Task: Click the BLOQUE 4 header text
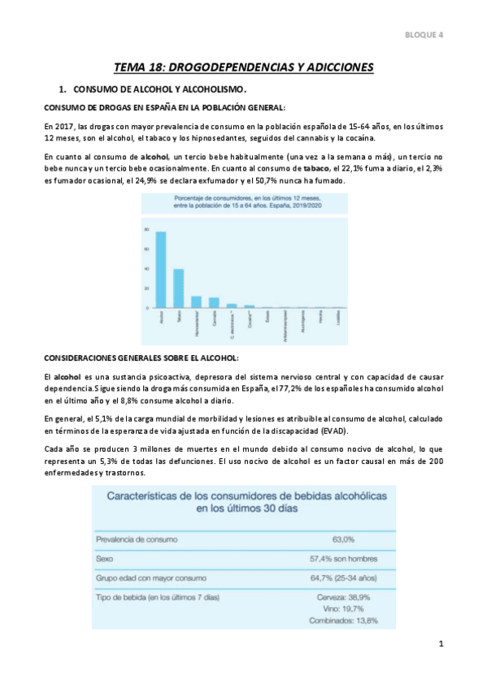(424, 34)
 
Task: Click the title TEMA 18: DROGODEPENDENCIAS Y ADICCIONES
(243, 67)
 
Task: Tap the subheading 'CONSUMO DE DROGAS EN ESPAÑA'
(163, 107)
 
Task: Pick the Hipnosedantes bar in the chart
(196, 302)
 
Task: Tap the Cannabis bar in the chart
(214, 303)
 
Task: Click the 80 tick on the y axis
(147, 229)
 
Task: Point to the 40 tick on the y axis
(147, 269)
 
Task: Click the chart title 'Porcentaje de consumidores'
(242, 203)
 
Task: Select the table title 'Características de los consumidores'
(241, 501)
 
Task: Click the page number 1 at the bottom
(440, 645)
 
